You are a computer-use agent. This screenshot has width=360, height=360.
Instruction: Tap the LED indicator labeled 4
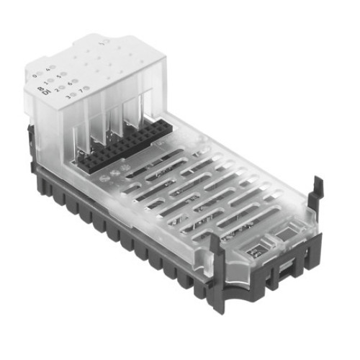pos(53,67)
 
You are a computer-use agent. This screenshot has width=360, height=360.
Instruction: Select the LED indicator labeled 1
pos(50,80)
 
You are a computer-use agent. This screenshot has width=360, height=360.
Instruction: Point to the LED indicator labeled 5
pos(63,73)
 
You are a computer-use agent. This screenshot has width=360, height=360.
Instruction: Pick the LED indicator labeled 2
pos(62,87)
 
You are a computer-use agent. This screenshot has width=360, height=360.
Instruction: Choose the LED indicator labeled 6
pos(75,81)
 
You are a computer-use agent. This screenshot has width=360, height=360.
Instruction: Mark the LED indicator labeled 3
pos(73,94)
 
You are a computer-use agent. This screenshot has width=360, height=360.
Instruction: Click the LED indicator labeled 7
pos(86,88)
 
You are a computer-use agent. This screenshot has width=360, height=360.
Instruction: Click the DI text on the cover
pos(43,90)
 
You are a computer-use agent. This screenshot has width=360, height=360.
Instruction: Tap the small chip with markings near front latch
pos(256,251)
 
